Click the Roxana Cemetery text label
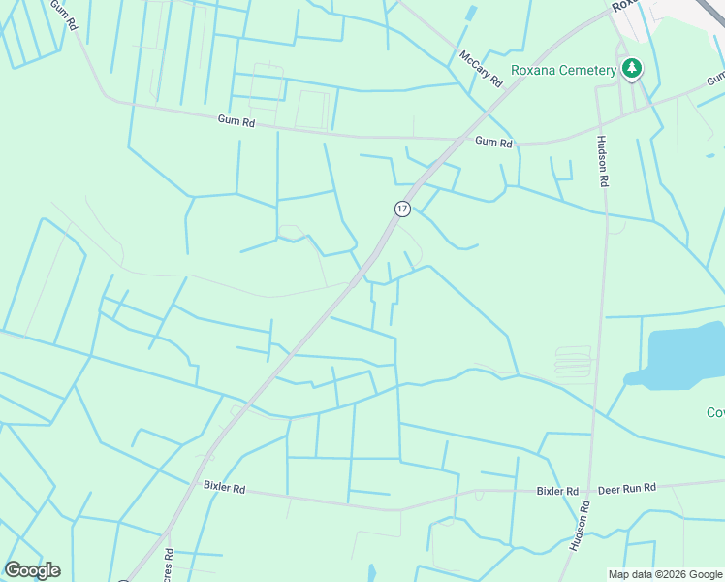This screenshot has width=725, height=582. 564,70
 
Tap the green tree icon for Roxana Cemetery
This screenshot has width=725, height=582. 632,68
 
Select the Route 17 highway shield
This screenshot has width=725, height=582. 402,209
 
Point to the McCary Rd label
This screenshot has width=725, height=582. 482,69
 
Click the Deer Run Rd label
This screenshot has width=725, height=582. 627,488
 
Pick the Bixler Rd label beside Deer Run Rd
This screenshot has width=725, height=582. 557,491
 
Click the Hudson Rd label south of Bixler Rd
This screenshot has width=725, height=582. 580,527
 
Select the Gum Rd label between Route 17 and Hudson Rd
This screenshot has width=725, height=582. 493,142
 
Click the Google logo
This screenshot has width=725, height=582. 32,570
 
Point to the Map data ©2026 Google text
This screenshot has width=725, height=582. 664,574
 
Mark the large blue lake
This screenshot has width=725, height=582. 683,356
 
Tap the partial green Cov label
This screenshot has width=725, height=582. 715,412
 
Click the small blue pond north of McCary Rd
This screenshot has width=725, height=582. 471,14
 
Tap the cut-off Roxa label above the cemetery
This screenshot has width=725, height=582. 626,6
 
